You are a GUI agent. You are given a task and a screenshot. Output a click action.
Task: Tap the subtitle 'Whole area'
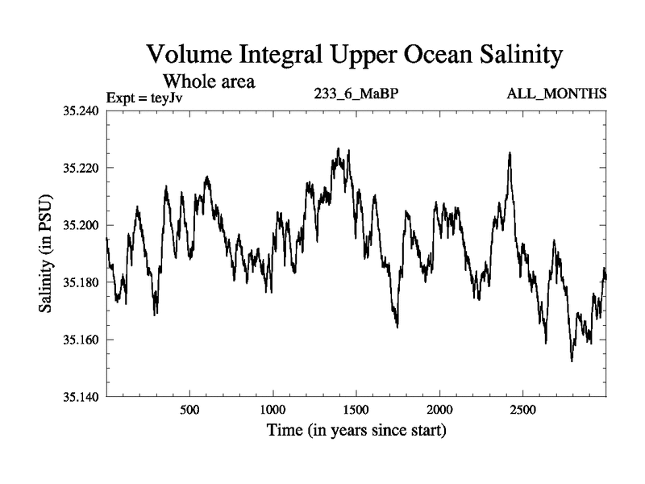tap(210, 81)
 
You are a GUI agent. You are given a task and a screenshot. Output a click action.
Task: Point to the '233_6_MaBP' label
tap(356, 94)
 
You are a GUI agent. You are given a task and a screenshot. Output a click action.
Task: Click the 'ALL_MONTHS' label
tap(556, 94)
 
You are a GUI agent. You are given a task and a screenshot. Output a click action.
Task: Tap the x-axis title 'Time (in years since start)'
tap(356, 431)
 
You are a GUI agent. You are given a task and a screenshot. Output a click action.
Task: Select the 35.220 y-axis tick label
tap(80, 168)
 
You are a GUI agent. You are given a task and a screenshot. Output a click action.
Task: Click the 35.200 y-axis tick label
tap(80, 225)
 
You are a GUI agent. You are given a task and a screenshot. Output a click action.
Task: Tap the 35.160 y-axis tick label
tap(80, 340)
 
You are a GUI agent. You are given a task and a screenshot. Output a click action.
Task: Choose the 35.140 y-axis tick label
tap(80, 397)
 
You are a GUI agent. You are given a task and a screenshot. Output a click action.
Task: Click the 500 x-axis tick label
tap(189, 410)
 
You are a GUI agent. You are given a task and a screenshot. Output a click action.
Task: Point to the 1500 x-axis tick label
tap(356, 410)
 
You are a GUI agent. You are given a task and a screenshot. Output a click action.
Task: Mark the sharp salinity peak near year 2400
tap(510, 153)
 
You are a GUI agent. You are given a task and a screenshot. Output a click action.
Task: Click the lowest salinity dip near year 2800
tap(572, 360)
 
